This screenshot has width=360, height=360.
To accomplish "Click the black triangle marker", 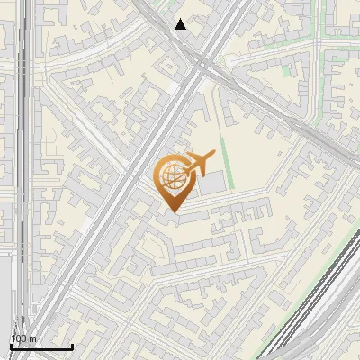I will point(181,24).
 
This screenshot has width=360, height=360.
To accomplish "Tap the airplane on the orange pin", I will point(196,165).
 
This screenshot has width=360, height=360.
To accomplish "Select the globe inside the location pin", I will point(171,177).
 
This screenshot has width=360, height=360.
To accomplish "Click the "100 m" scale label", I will point(23,338).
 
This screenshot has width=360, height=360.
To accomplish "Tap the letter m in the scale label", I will point(32,338).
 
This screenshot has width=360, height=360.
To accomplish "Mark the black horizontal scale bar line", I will point(41,346).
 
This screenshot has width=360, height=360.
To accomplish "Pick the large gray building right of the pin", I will point(212,184).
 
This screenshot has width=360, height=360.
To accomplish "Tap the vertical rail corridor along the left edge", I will point(25,180).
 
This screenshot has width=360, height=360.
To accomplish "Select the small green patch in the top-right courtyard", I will point(287,70).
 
